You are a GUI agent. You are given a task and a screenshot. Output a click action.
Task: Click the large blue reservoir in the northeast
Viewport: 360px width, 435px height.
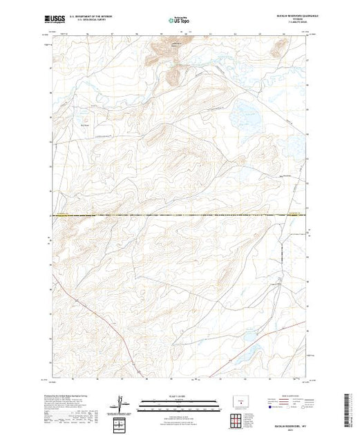click(246, 114)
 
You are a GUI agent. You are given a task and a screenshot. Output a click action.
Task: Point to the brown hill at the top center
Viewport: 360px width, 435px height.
click(162, 52)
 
